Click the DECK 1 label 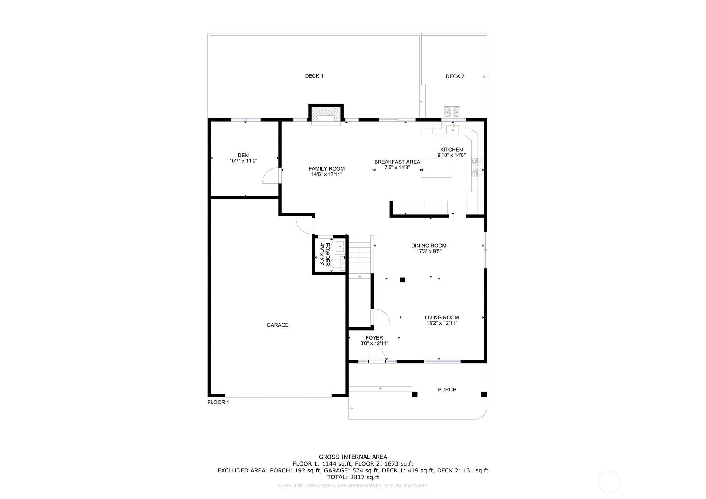314,76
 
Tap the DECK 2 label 455,76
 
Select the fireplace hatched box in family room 326,114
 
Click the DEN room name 243,156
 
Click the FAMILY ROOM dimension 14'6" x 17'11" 327,174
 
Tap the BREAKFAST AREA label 397,162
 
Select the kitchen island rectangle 436,168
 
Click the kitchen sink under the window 453,129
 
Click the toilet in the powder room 336,263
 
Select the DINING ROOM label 429,246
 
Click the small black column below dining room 402,280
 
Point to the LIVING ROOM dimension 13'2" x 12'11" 442,323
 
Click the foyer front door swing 376,354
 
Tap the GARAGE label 278,325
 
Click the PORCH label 447,390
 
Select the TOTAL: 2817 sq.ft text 353,477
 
